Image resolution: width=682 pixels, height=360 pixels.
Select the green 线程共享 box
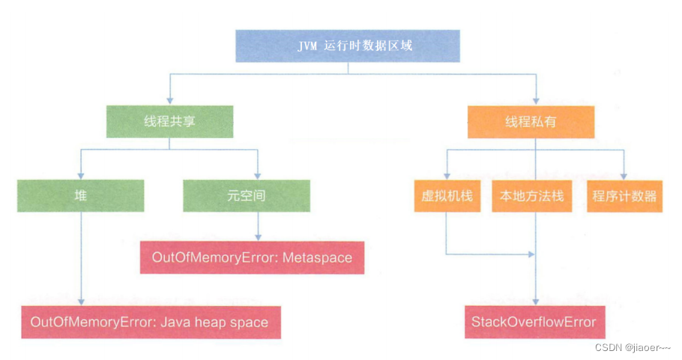[x=170, y=121]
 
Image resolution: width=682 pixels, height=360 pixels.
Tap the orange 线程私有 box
[x=531, y=121]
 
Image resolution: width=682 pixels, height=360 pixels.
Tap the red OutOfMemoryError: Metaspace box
[x=252, y=257]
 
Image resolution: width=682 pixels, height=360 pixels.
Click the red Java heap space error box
[x=150, y=322]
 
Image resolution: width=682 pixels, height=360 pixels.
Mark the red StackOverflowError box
[x=533, y=322]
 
